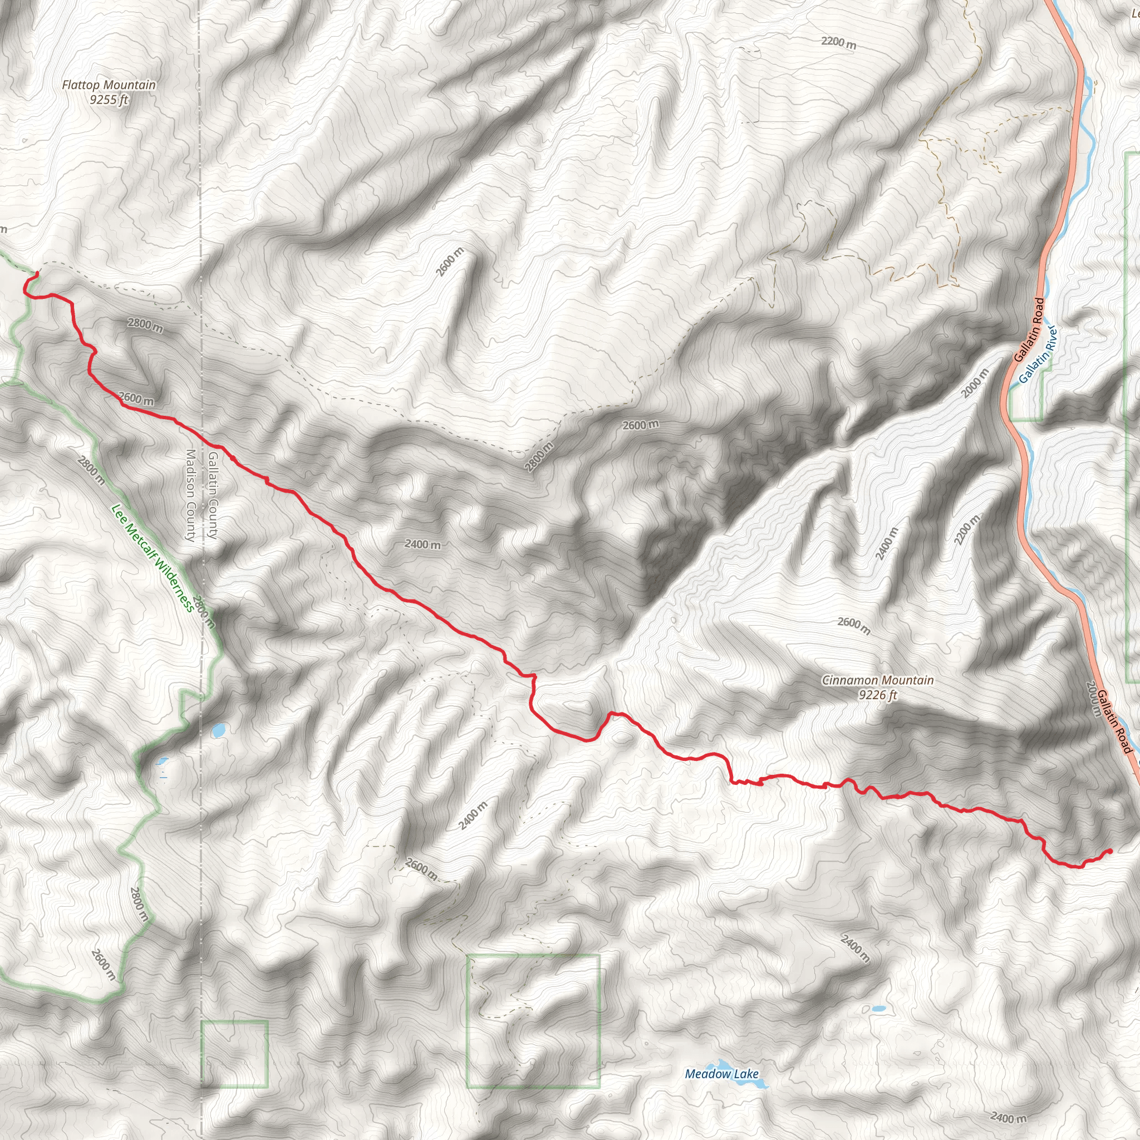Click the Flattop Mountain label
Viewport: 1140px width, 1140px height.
point(109,85)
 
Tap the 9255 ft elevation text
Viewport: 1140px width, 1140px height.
point(109,100)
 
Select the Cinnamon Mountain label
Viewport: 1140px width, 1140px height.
point(878,680)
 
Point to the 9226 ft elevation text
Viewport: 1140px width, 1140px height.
point(878,695)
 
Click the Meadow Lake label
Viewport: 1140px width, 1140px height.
point(721,1074)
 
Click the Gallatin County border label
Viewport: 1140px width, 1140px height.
point(213,495)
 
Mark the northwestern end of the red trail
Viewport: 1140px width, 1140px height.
point(37,273)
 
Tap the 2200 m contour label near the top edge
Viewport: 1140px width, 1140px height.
point(838,42)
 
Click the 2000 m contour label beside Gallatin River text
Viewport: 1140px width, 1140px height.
point(974,384)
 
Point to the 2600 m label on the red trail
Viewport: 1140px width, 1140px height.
point(136,399)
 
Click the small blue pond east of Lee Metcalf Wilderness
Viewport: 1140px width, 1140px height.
point(218,730)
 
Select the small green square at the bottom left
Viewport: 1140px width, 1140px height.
point(234,1054)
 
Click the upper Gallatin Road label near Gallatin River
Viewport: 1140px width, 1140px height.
point(1029,331)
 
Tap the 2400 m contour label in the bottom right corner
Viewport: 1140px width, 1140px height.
point(1009,1117)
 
